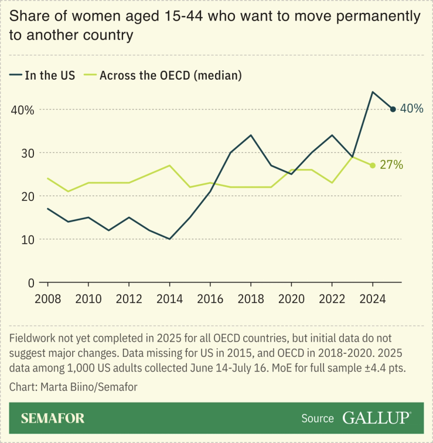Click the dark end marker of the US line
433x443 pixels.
click(393, 109)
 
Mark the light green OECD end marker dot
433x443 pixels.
click(373, 165)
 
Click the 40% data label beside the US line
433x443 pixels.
click(411, 109)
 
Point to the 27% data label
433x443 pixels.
click(391, 165)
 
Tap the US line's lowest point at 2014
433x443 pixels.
click(169, 239)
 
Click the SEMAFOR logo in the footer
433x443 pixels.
click(53, 418)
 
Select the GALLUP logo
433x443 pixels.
click(376, 418)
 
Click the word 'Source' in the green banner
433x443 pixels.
click(318, 419)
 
